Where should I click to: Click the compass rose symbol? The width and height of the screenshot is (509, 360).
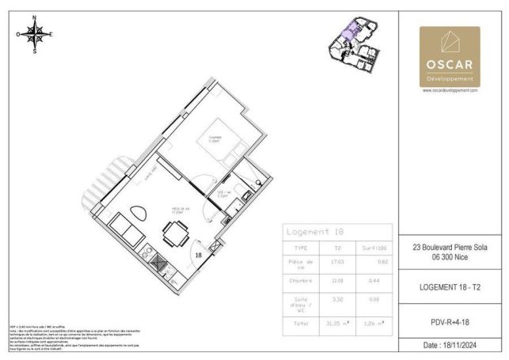point(35,34)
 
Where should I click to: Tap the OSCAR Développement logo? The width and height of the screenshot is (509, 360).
point(449,56)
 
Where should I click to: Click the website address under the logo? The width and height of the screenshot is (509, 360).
point(450,90)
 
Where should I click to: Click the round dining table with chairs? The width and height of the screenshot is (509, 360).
point(177,233)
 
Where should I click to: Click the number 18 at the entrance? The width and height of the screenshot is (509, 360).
point(199,256)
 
